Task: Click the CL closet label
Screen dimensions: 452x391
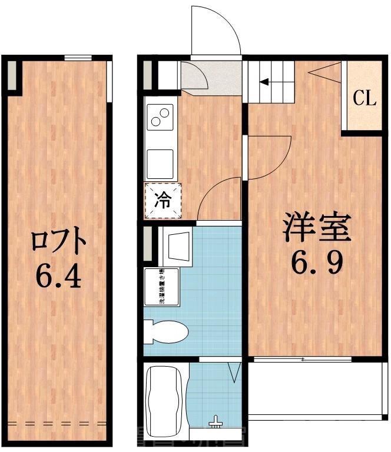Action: point(364,98)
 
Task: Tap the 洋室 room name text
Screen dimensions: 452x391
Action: point(316,227)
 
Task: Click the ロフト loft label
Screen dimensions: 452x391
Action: point(59,241)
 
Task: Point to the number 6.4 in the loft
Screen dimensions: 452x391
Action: point(58,277)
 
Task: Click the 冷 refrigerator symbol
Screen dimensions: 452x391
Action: point(163,200)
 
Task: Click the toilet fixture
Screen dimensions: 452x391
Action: point(167,332)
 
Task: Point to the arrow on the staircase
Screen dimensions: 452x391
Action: point(269,83)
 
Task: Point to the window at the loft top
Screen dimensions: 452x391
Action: point(78,58)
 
